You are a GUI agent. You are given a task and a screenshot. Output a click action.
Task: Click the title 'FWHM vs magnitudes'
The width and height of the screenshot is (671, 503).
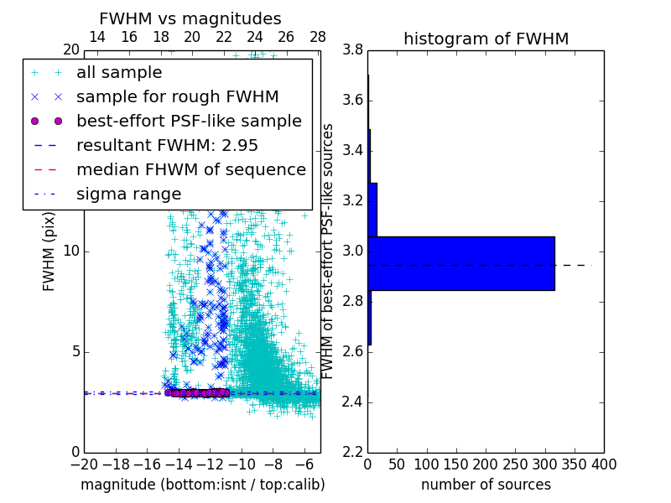point(190,18)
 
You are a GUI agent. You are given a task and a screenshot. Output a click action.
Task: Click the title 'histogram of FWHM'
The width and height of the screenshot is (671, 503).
point(486,39)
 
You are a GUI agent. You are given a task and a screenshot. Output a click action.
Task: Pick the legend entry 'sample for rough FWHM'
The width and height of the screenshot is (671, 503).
point(178,97)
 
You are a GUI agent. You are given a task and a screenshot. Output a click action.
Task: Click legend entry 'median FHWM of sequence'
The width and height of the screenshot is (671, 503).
point(191,169)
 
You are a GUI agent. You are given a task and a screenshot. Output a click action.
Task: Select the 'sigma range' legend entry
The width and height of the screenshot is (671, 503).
point(128,194)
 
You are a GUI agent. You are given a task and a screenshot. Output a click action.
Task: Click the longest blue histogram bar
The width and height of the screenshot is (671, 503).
point(460,263)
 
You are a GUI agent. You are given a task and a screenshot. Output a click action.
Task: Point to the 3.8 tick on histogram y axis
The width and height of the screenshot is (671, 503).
point(352,49)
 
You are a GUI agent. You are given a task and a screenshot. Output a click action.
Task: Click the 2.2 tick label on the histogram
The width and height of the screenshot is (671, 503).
point(352,452)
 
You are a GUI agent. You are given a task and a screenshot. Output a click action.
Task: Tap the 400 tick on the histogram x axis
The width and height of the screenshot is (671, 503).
point(603,464)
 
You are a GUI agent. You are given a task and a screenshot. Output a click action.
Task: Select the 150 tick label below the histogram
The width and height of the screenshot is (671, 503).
point(455,464)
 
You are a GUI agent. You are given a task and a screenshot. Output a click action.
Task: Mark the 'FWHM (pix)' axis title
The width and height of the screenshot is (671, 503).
point(49,250)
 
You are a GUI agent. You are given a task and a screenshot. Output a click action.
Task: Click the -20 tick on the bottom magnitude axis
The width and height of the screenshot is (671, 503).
point(84,464)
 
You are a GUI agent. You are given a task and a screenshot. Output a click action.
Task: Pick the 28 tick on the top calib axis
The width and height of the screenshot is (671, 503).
point(318,37)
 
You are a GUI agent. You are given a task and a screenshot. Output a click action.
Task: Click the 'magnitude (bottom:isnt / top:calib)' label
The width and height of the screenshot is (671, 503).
point(202,485)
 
